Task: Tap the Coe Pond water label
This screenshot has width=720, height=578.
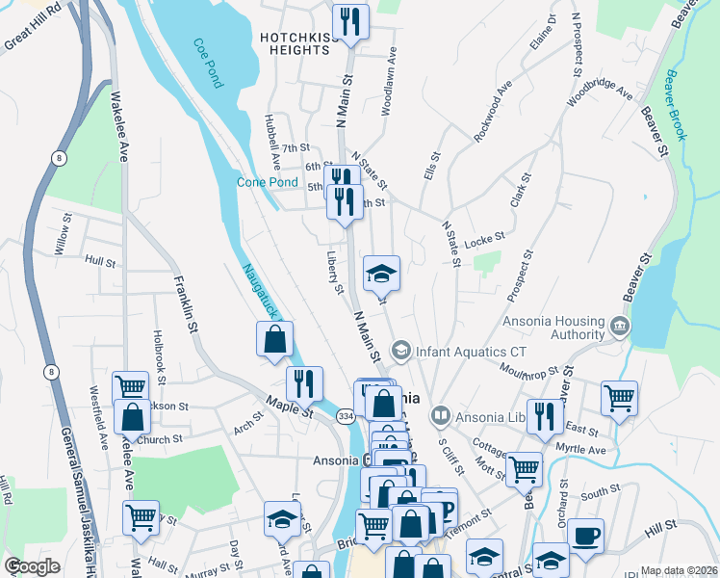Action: pyautogui.click(x=208, y=64)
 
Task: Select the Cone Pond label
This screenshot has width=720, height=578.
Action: pyautogui.click(x=267, y=182)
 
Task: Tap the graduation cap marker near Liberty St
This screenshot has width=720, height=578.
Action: pyautogui.click(x=381, y=273)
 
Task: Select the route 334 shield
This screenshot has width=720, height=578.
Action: pyautogui.click(x=346, y=415)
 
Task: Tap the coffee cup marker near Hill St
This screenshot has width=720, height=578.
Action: pyautogui.click(x=585, y=536)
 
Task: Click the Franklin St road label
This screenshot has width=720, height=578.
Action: pyautogui.click(x=185, y=305)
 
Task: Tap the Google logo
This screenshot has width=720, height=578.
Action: pyautogui.click(x=33, y=566)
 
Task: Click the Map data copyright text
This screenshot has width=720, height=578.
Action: pyautogui.click(x=679, y=570)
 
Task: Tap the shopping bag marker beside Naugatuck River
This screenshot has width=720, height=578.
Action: pyautogui.click(x=274, y=338)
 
